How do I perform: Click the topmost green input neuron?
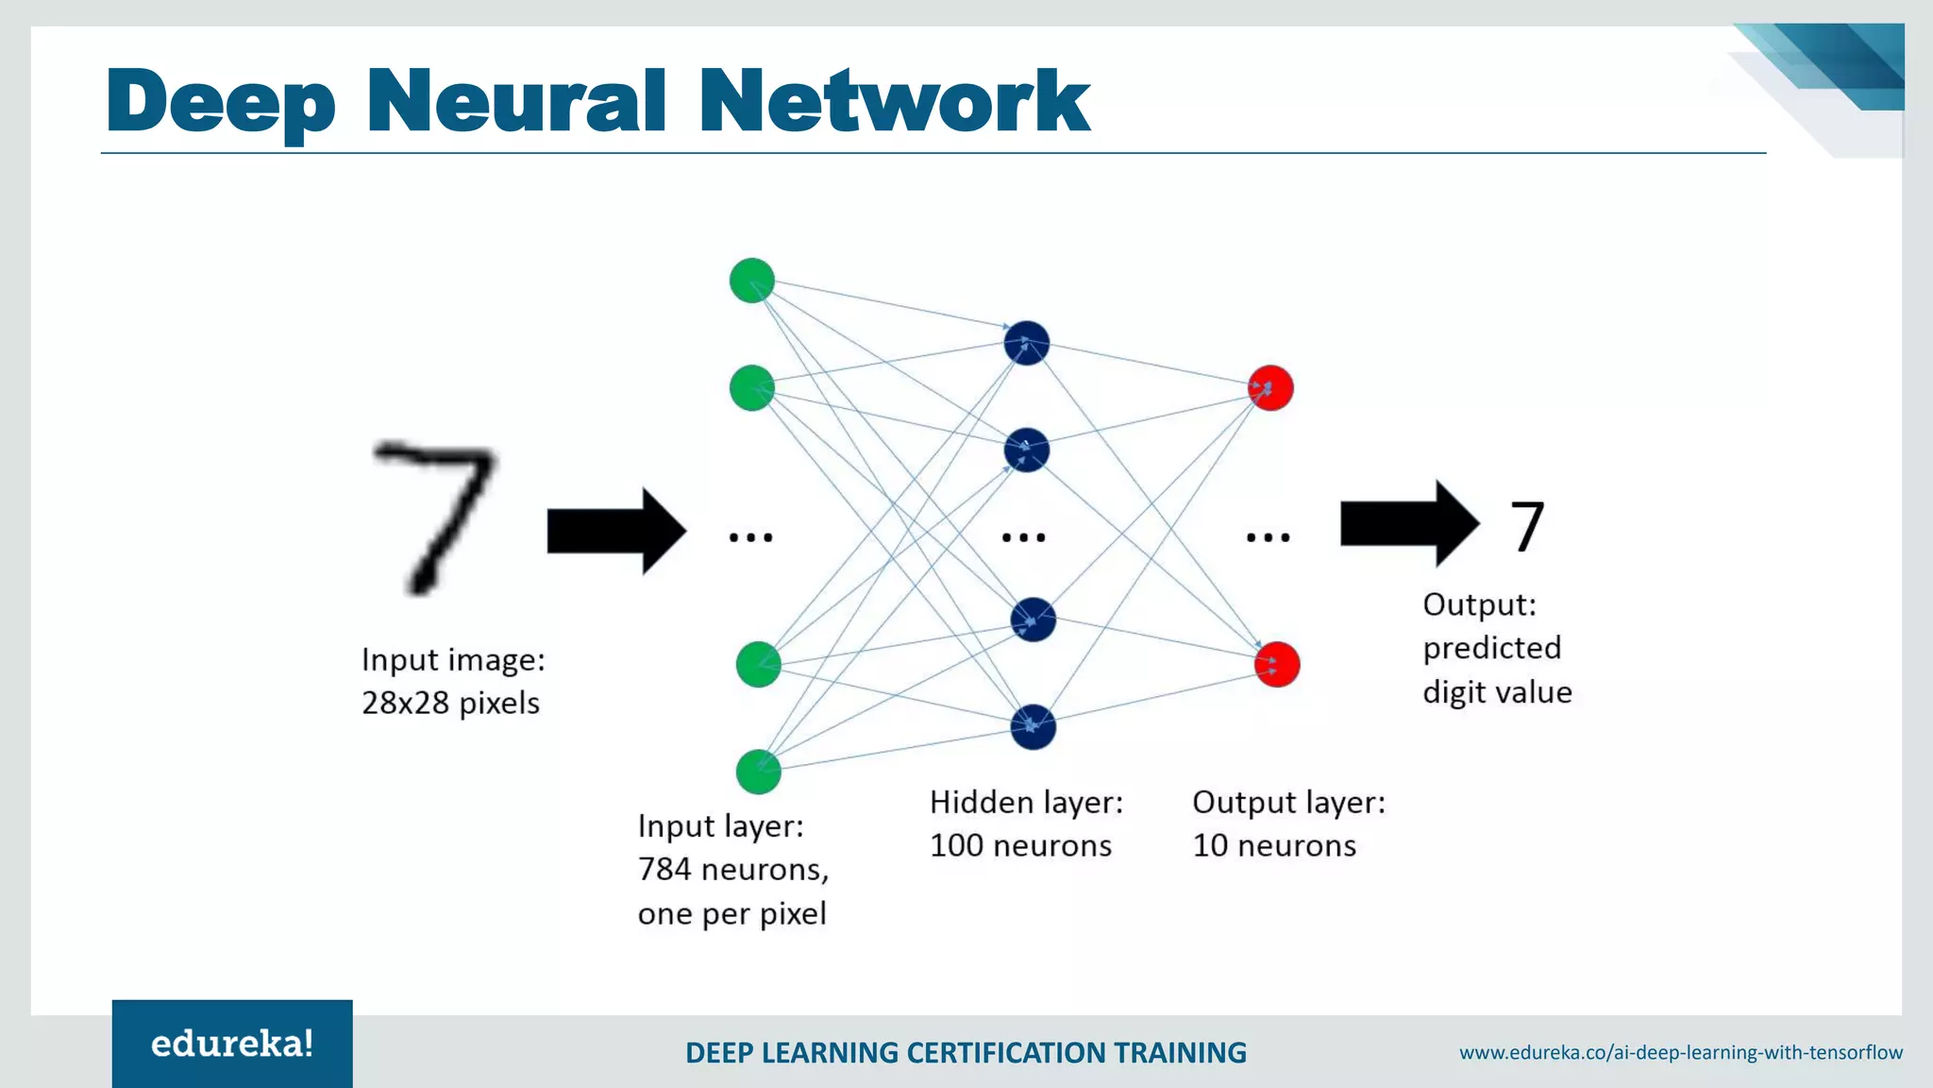(x=752, y=280)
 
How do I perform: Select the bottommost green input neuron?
(x=758, y=772)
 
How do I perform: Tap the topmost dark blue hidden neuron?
(x=1027, y=343)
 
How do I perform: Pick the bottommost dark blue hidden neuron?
(x=1033, y=726)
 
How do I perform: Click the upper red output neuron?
(x=1270, y=387)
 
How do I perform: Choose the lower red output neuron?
(x=1277, y=664)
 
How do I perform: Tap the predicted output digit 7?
(x=1527, y=527)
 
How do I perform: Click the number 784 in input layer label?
(x=664, y=869)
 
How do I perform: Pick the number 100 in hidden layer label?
(x=956, y=845)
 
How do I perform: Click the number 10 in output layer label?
(x=1210, y=845)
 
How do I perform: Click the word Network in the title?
(x=894, y=101)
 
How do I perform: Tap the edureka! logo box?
(x=232, y=1044)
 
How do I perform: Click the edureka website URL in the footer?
(x=1680, y=1052)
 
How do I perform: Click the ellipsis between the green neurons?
(x=751, y=537)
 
